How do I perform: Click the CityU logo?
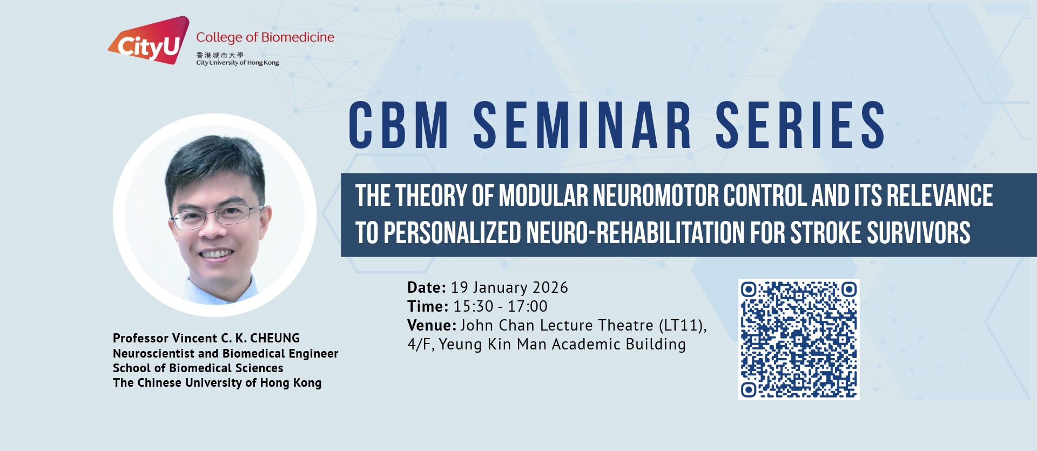(149, 41)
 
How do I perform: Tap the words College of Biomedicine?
(265, 37)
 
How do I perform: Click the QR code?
(799, 340)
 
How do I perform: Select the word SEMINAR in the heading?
(582, 125)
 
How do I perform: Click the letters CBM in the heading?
(399, 125)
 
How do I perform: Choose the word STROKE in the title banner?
(826, 233)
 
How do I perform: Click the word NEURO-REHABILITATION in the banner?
(635, 233)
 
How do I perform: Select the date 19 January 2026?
(509, 287)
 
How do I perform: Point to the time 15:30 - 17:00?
(501, 306)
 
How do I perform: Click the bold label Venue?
(432, 325)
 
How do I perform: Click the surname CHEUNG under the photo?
(275, 338)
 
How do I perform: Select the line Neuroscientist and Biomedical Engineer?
(226, 354)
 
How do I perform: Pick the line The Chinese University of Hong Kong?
(217, 383)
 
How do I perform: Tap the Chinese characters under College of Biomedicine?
(220, 55)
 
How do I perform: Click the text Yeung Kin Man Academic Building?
(562, 345)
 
